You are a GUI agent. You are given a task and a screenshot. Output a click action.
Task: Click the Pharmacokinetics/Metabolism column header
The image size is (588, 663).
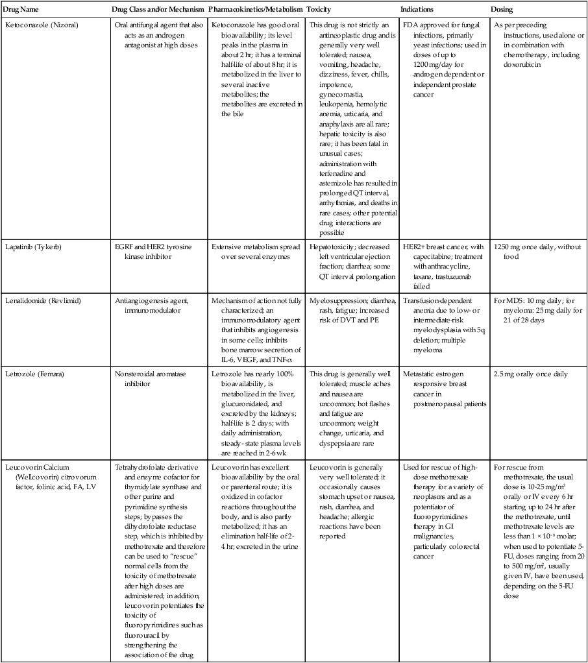[x=256, y=10]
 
